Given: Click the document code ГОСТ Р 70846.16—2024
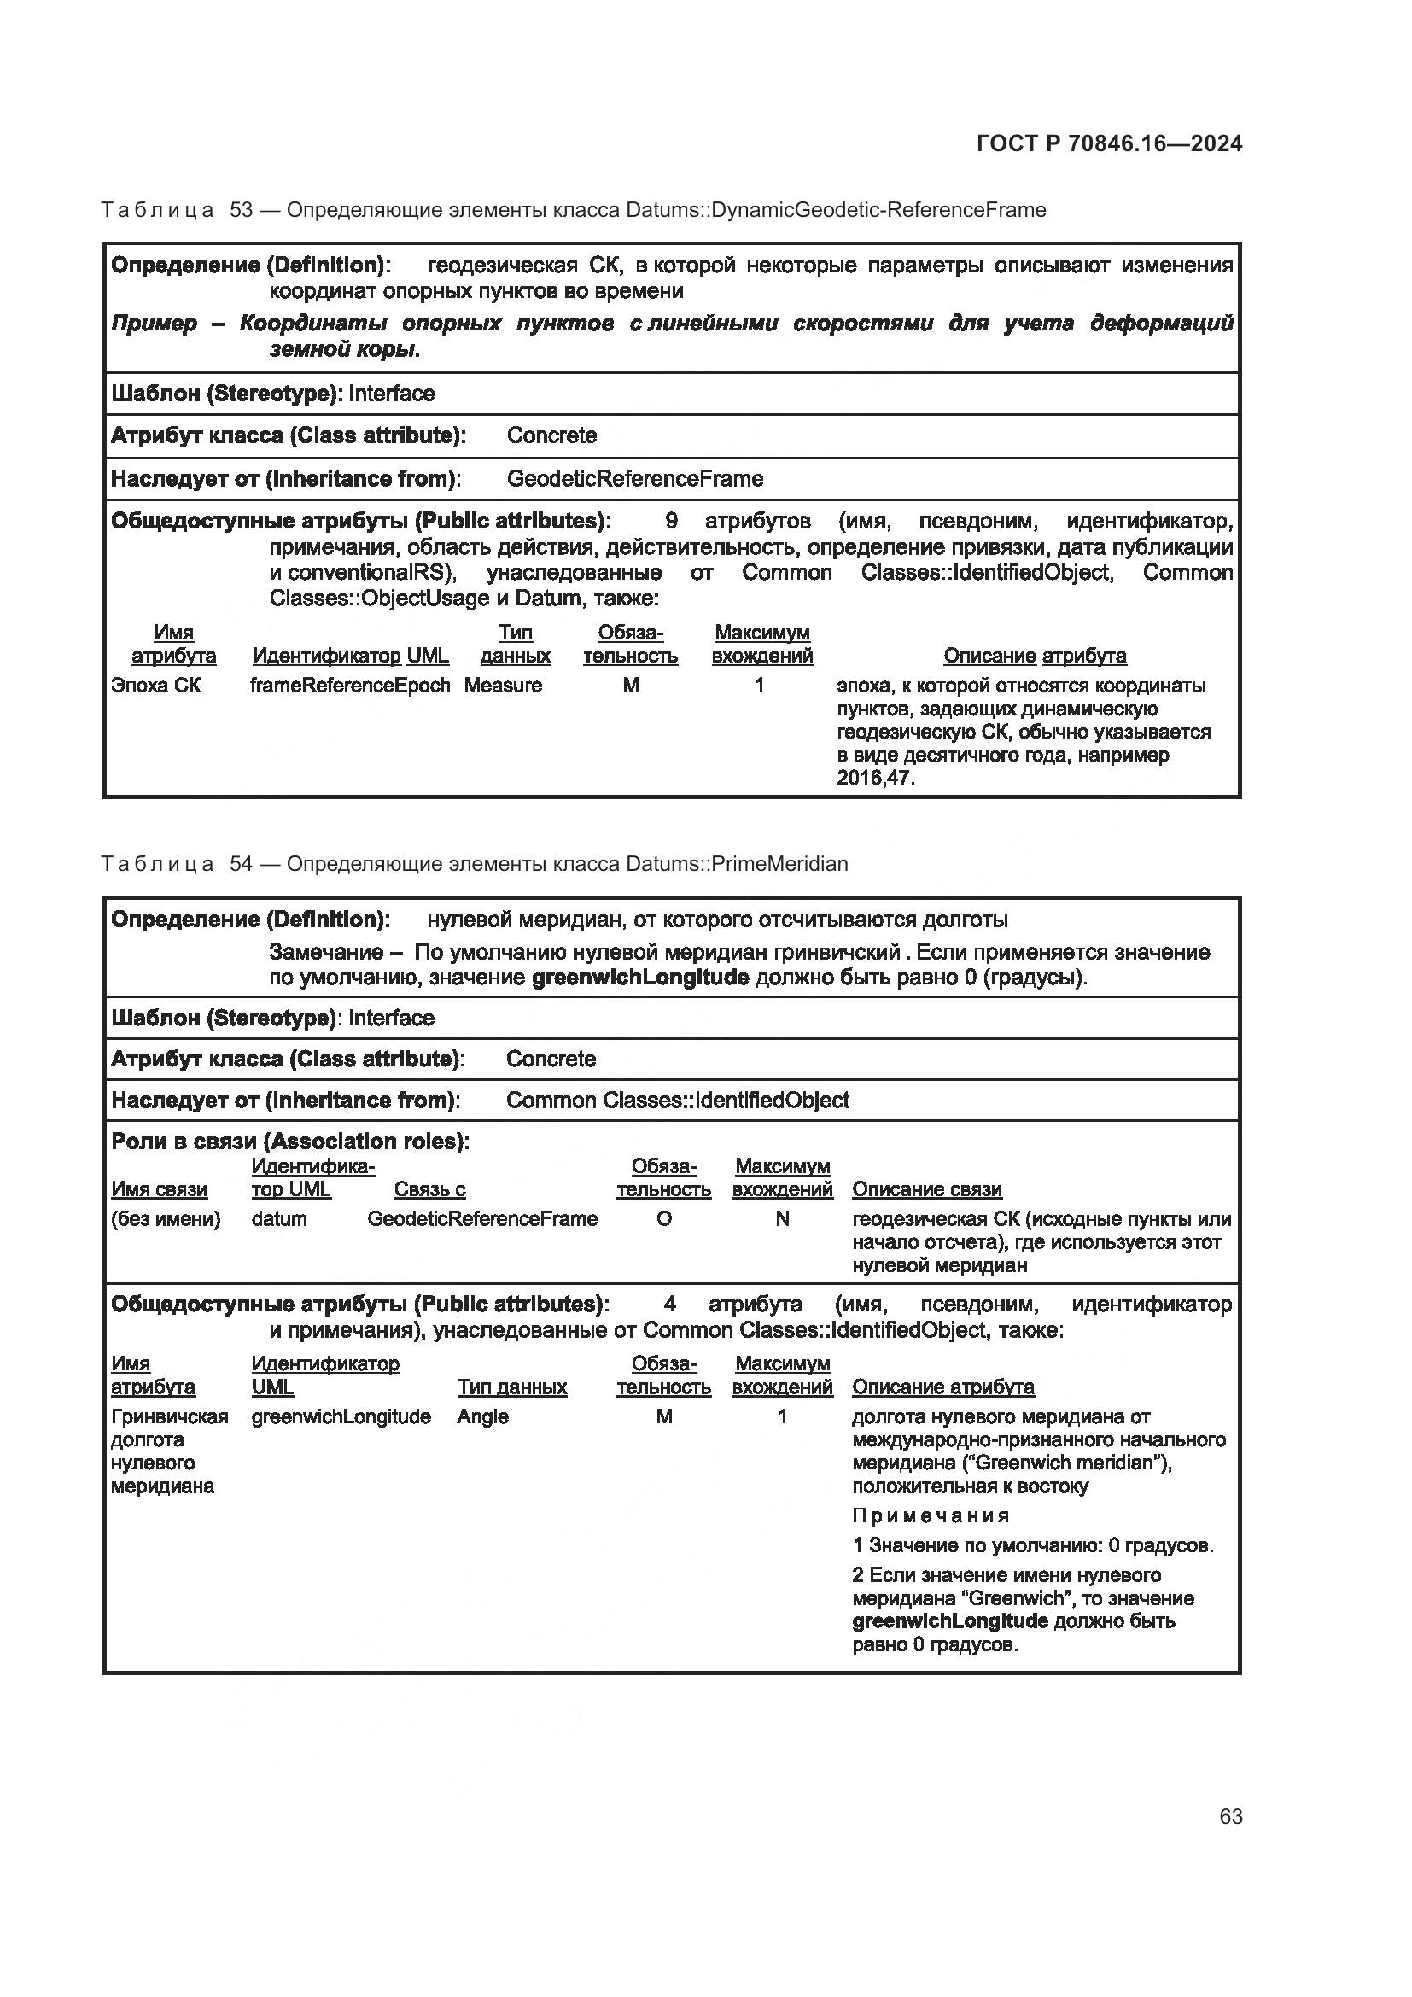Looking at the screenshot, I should click(1110, 143).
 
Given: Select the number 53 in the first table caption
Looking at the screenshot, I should click(241, 210).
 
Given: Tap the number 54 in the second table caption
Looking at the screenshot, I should click(241, 864).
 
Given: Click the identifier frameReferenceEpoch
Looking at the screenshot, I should click(350, 686).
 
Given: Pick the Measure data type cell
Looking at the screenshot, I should click(503, 686).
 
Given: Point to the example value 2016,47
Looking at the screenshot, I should click(875, 778).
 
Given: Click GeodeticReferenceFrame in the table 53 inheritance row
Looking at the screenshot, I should click(634, 479).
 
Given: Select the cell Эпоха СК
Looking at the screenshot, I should click(155, 686).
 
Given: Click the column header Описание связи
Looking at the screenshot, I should click(927, 1189).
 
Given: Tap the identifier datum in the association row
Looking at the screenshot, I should click(279, 1218).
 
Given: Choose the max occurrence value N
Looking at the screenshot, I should click(783, 1218).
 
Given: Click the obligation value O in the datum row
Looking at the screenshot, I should click(663, 1218).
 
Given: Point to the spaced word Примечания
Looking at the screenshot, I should click(931, 1516).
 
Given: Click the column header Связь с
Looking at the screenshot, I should click(429, 1189).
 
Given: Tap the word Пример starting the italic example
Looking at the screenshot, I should click(154, 324).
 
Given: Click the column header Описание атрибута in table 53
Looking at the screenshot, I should click(1035, 656).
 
